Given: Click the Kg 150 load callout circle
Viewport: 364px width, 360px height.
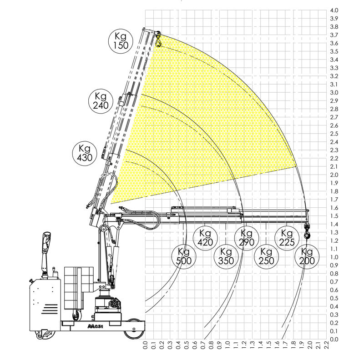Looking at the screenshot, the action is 121,41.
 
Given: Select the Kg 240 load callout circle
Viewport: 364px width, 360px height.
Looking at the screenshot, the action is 101,101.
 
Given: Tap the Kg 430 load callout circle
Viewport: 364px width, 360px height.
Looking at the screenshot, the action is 85,153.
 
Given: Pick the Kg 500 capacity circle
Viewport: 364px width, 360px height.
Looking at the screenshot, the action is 184,256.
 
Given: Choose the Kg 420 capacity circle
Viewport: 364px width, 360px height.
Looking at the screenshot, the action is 205,238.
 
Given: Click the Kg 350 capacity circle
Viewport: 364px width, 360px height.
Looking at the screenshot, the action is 226,256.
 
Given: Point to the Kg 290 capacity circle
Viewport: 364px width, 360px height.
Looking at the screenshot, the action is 247,238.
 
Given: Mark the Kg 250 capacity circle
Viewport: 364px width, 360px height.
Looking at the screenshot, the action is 266,256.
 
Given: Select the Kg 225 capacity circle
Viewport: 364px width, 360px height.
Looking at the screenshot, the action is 287,238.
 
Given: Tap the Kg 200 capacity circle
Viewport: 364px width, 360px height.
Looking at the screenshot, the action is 307,256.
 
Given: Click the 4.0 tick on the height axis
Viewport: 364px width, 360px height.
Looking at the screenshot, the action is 334,10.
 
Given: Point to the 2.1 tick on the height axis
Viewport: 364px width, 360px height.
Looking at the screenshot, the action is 334,166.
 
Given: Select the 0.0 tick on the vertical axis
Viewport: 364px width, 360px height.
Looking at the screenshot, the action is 334,340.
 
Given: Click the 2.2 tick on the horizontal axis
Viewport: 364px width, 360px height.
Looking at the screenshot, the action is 326,345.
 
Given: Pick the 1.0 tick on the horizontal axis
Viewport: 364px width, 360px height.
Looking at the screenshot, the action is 227,345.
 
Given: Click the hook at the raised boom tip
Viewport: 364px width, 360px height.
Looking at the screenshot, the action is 158,40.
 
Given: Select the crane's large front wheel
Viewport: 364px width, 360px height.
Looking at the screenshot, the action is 134,329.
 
